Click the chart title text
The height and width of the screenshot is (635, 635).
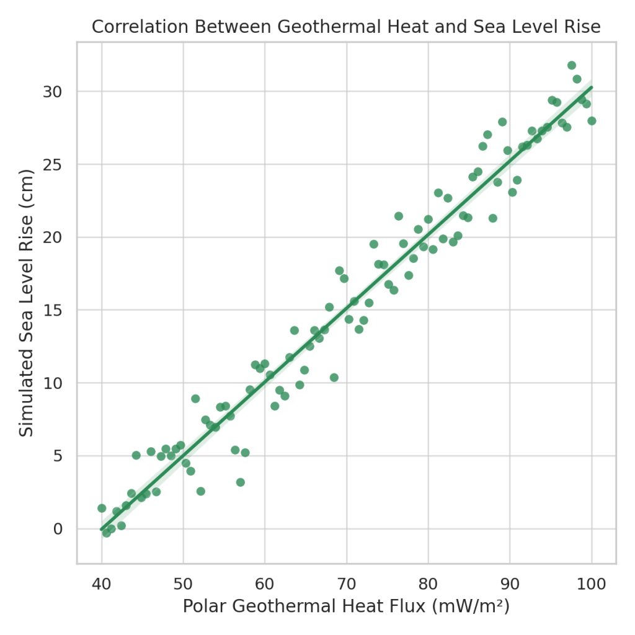pos(346,27)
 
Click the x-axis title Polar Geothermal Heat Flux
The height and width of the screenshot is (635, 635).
pos(346,606)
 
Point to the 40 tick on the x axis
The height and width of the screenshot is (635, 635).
pos(102,584)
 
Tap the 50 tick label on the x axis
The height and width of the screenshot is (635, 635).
pos(183,584)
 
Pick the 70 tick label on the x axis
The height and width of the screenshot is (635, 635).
pos(346,584)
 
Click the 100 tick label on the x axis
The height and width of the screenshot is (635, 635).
pos(591,584)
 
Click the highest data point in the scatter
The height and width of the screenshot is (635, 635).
pos(572,65)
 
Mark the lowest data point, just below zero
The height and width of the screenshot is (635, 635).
pos(107,533)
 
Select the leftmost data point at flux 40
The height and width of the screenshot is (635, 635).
pos(102,508)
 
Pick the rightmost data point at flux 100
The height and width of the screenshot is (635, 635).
pos(592,121)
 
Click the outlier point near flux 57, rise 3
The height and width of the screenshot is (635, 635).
pos(241,482)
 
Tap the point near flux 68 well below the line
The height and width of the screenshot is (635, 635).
pos(334,378)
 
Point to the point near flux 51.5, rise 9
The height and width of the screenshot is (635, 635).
pos(195,399)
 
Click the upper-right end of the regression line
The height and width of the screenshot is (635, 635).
pos(591,87)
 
